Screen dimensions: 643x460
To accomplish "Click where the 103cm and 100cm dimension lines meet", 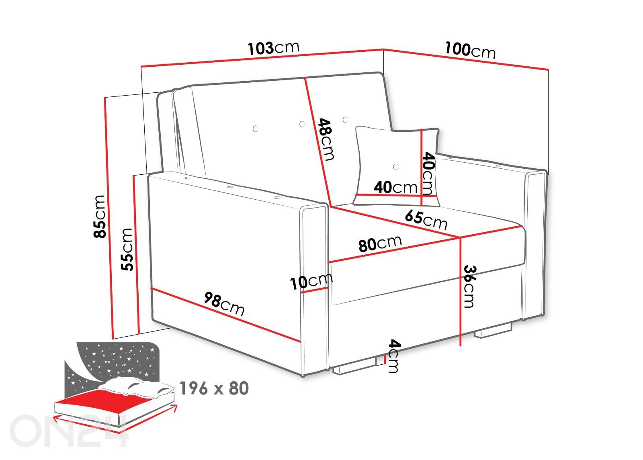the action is (384, 49).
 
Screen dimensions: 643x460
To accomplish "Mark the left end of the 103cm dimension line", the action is (141, 67).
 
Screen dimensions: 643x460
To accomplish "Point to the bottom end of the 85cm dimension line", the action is (112, 339).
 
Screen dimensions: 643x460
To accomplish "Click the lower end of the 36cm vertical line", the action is (461, 346).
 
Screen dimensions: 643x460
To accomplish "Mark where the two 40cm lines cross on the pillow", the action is (421, 196).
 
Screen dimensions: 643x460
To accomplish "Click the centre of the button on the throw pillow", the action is (396, 166).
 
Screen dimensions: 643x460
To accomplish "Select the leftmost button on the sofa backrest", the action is (256, 129).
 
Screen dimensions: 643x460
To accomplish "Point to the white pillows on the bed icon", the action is (136, 386).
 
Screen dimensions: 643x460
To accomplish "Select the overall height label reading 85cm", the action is (99, 217).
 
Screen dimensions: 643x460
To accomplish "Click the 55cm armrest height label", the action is (127, 249).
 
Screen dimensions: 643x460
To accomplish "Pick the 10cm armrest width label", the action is (311, 281).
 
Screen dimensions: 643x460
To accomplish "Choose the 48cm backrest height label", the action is (326, 139).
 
